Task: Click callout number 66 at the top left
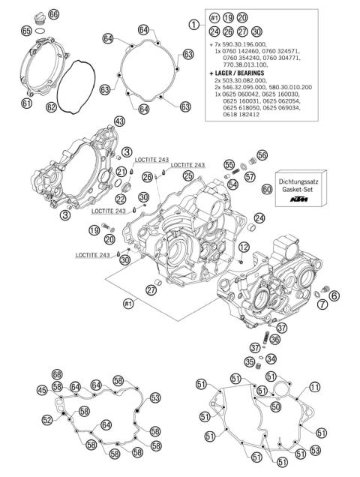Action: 52,15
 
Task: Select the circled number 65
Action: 26,31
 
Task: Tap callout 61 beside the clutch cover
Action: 26,103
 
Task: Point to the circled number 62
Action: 52,107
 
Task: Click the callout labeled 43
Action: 119,121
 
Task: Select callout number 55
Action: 229,164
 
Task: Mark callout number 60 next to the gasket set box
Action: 267,190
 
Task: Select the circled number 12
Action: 244,247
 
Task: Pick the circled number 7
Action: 321,304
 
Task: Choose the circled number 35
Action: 250,362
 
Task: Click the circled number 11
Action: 315,387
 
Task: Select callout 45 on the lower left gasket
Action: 42,390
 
